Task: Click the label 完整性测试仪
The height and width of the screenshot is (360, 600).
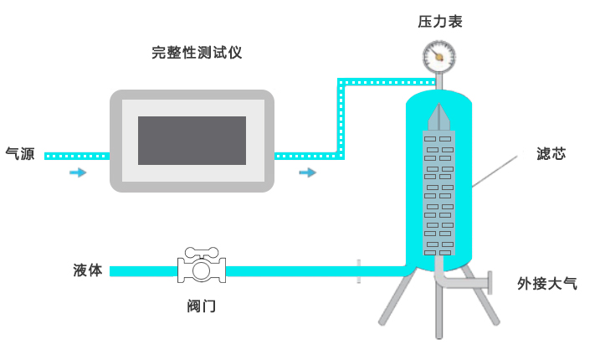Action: click(x=197, y=53)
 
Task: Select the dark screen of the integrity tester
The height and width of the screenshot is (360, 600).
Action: click(x=192, y=140)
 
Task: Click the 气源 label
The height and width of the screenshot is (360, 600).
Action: click(x=20, y=154)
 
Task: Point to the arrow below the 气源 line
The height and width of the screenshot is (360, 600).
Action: click(x=78, y=172)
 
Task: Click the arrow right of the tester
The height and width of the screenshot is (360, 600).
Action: click(x=308, y=172)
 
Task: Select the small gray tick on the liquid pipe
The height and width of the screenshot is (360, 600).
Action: click(x=358, y=270)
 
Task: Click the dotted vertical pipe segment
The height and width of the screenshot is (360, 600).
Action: click(x=341, y=117)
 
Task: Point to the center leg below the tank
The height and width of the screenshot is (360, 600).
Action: click(x=438, y=310)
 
